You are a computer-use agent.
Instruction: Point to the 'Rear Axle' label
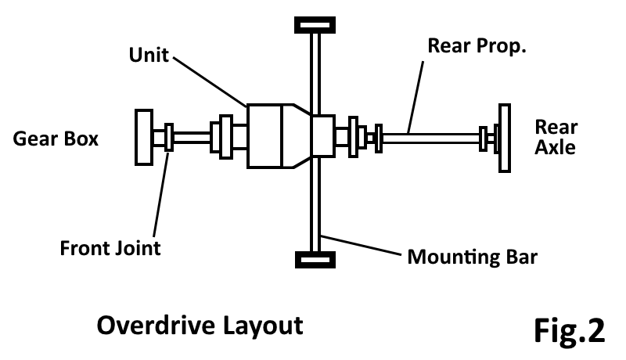(556, 137)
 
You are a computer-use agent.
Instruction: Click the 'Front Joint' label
(110, 249)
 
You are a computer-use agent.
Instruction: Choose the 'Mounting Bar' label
(472, 257)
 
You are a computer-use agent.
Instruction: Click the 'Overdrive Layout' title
(200, 325)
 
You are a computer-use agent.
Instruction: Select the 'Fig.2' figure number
(570, 329)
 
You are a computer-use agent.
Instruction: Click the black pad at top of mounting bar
(315, 23)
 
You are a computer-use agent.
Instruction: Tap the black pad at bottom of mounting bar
(315, 258)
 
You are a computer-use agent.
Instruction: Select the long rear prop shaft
(430, 138)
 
